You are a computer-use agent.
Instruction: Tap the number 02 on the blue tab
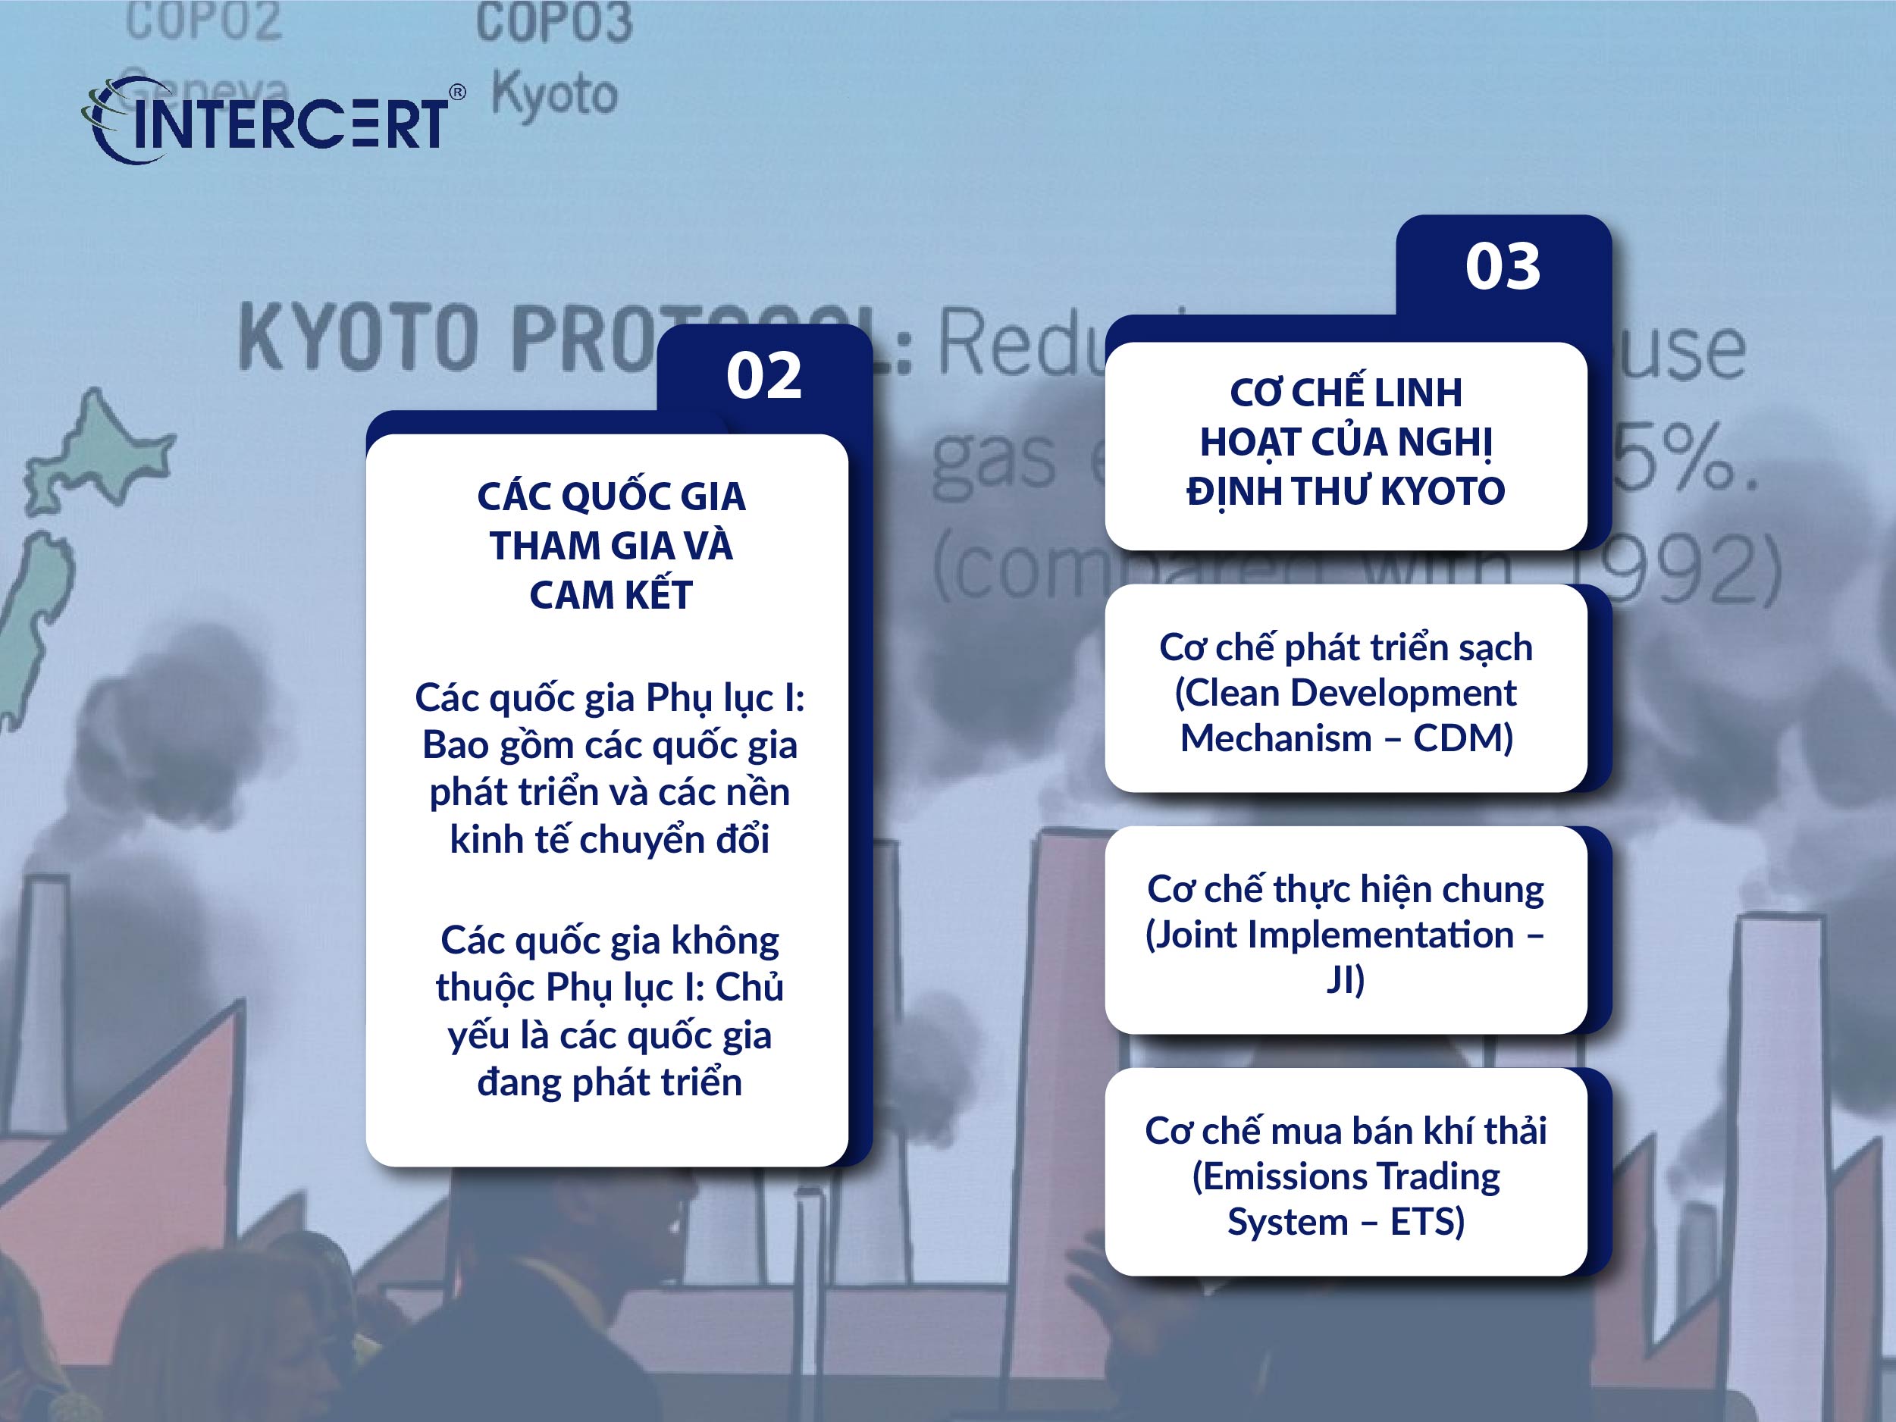tap(763, 375)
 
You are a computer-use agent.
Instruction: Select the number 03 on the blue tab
tap(1502, 267)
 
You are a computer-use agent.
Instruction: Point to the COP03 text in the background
tap(553, 23)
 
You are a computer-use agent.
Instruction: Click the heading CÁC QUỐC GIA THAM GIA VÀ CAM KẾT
tap(610, 545)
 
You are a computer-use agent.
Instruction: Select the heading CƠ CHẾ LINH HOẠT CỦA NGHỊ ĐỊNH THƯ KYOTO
tap(1345, 441)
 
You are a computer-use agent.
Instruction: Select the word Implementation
tap(1380, 935)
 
